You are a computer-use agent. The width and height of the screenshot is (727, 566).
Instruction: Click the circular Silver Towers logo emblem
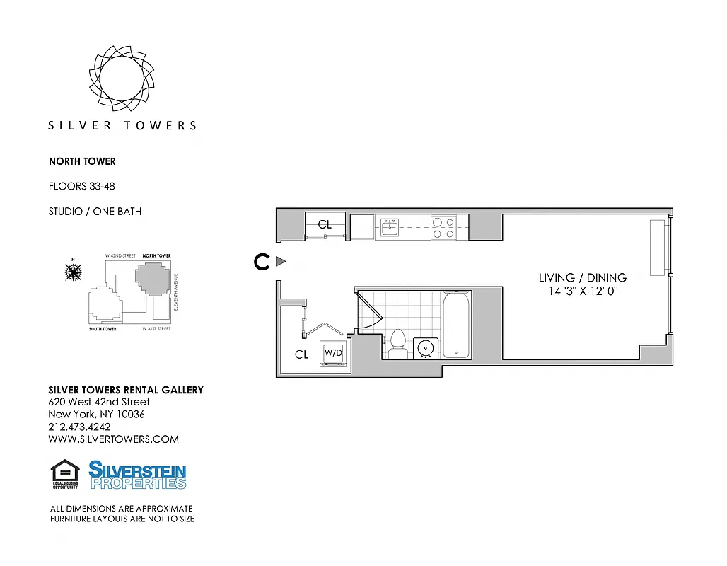pos(122,77)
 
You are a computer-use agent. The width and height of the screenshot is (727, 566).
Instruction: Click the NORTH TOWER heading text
pos(82,161)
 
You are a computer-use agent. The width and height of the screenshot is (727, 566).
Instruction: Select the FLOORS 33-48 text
pos(81,187)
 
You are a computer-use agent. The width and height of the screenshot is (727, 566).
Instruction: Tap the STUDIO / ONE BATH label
pos(95,212)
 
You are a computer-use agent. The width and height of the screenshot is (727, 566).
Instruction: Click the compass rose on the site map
pos(73,271)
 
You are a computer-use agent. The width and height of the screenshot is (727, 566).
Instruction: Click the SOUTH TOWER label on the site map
pos(103,329)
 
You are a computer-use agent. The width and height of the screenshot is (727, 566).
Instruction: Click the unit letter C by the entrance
pos(262,262)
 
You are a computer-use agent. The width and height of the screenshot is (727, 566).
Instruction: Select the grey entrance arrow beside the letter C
pos(280,262)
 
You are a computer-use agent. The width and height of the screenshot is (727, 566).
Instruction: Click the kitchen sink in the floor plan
pos(390,227)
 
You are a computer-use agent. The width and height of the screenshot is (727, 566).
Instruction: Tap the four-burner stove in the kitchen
pos(443,227)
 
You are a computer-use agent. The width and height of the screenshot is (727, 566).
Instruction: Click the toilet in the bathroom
pos(397,340)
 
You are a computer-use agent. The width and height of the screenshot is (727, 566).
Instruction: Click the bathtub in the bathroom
pos(457,325)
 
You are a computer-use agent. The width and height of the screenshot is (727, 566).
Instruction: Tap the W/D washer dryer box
pos(333,352)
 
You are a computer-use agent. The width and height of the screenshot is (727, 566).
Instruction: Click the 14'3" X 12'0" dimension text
pos(583,291)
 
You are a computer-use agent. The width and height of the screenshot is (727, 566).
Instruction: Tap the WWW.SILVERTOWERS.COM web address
pos(113,439)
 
